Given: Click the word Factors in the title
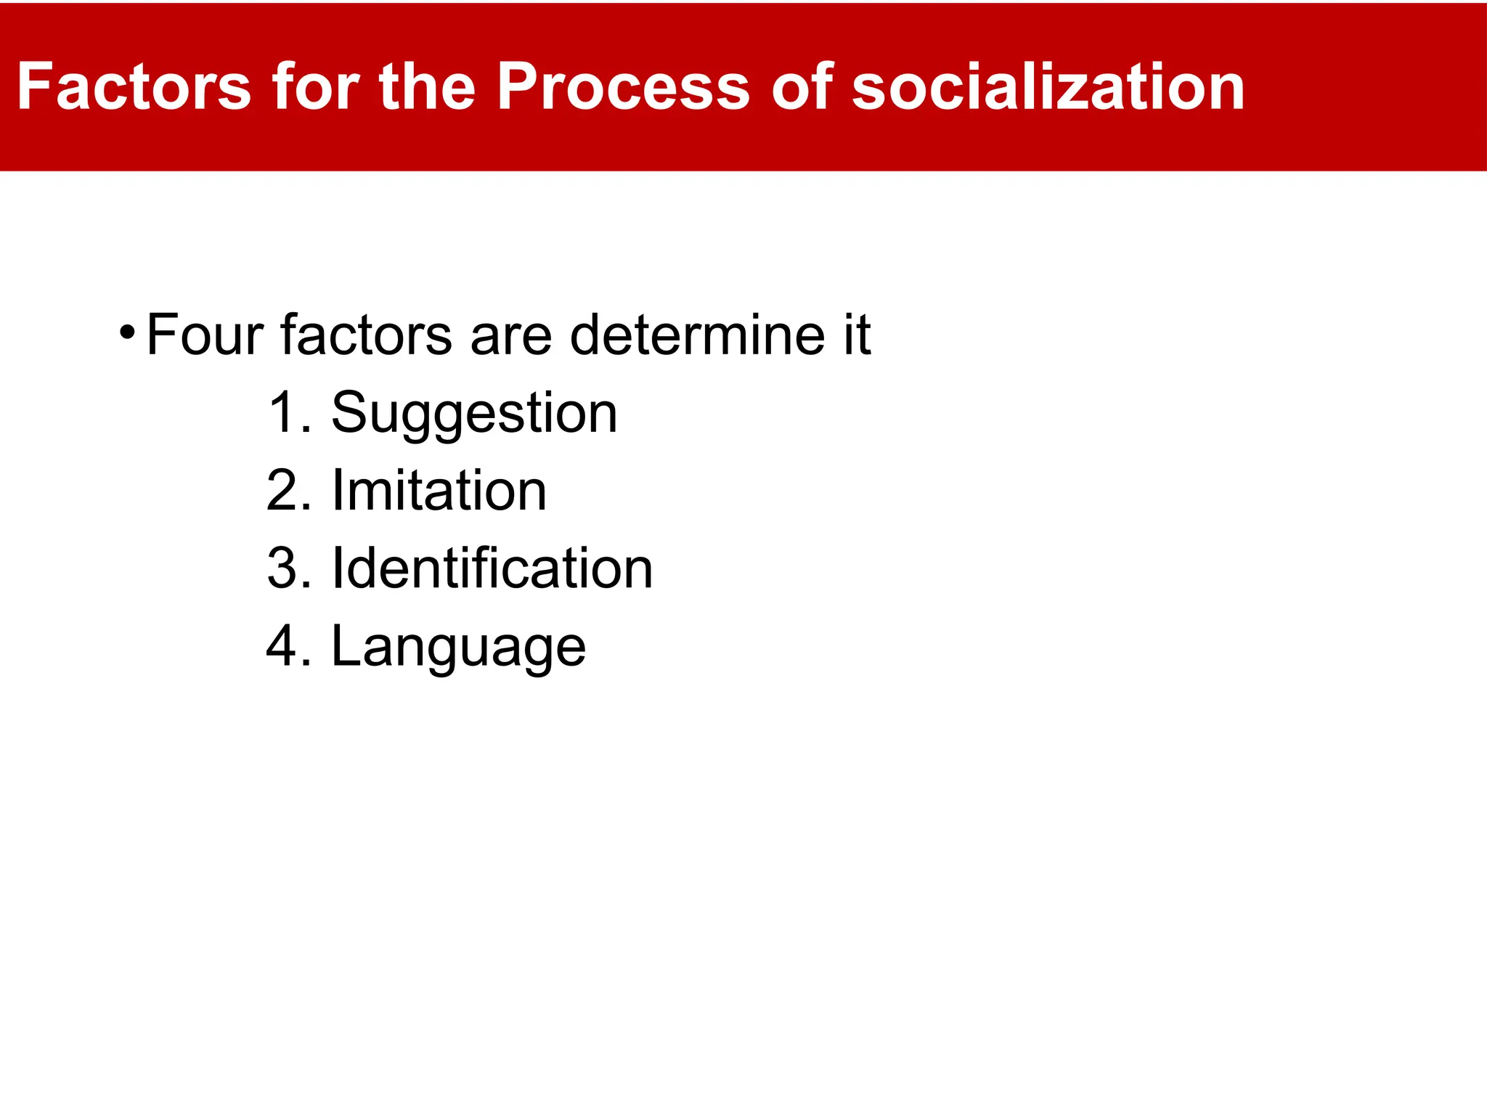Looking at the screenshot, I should [134, 87].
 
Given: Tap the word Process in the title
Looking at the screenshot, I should [623, 87].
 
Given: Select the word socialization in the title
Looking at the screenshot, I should [1048, 87].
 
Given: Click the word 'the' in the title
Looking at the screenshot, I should [427, 87].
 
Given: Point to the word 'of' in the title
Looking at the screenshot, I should [802, 87].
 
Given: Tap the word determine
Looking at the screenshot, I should [697, 335].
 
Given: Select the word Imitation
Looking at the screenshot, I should [439, 491].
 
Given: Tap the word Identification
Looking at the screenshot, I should [492, 568].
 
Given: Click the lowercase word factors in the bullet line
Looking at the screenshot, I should [367, 335].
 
